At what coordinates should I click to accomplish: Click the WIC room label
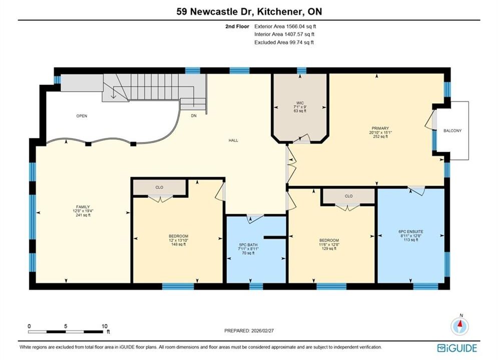(x=300, y=103)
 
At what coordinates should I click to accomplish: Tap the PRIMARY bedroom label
(x=380, y=128)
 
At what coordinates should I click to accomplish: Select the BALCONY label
(x=452, y=130)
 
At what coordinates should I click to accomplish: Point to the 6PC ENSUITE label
(x=410, y=231)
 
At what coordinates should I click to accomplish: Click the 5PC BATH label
(x=248, y=245)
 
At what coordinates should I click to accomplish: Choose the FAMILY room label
(x=83, y=207)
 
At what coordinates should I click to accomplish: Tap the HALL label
(x=233, y=140)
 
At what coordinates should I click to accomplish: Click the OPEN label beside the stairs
(x=82, y=116)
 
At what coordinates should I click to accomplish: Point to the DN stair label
(x=194, y=116)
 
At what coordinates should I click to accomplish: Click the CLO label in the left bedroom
(x=160, y=187)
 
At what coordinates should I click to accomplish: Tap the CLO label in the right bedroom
(x=349, y=196)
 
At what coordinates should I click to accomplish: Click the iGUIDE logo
(x=457, y=348)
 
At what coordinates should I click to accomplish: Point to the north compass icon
(x=459, y=325)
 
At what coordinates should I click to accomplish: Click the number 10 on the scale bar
(x=105, y=326)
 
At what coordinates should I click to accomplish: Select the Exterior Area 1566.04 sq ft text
(x=285, y=26)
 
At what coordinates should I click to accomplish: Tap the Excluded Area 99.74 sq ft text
(x=284, y=42)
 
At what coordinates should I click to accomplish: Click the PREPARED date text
(x=249, y=330)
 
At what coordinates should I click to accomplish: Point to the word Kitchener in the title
(x=279, y=11)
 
